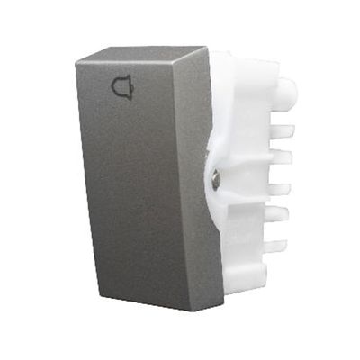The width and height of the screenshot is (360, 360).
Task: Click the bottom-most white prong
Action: pos(275,246)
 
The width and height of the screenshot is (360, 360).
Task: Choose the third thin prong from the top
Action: pos(278,189)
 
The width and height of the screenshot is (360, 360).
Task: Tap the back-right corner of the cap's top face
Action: pos(208,48)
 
